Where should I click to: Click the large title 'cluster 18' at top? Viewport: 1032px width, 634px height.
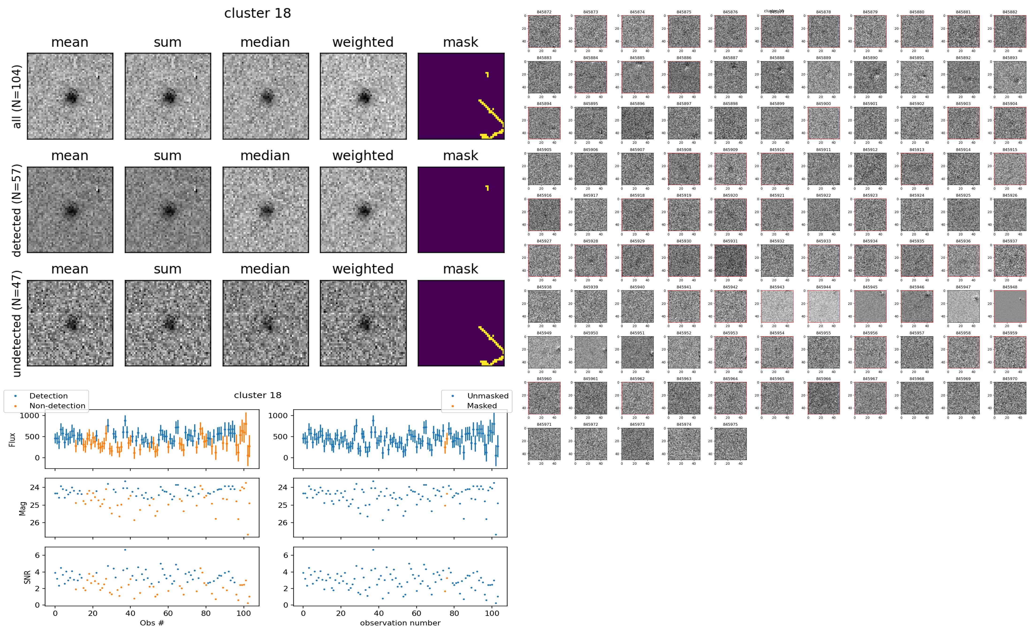click(x=258, y=13)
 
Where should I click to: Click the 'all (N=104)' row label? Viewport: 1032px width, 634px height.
click(x=17, y=96)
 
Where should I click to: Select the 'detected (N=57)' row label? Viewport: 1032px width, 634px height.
click(x=17, y=210)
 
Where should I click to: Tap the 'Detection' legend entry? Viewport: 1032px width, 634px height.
click(x=48, y=396)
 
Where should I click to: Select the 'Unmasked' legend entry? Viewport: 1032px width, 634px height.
click(x=488, y=396)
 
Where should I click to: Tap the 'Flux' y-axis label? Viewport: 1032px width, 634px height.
click(x=13, y=439)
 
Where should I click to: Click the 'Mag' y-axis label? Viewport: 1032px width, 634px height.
click(x=23, y=508)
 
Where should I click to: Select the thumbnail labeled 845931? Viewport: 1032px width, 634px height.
click(x=730, y=260)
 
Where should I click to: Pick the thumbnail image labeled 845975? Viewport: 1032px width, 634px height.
click(x=730, y=444)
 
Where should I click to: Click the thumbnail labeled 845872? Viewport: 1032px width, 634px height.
click(x=544, y=31)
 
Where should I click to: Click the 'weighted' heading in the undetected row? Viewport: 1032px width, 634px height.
click(x=363, y=269)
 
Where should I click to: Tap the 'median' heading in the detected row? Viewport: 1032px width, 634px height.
click(x=265, y=155)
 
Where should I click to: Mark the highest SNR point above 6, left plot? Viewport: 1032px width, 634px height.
click(x=125, y=550)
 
